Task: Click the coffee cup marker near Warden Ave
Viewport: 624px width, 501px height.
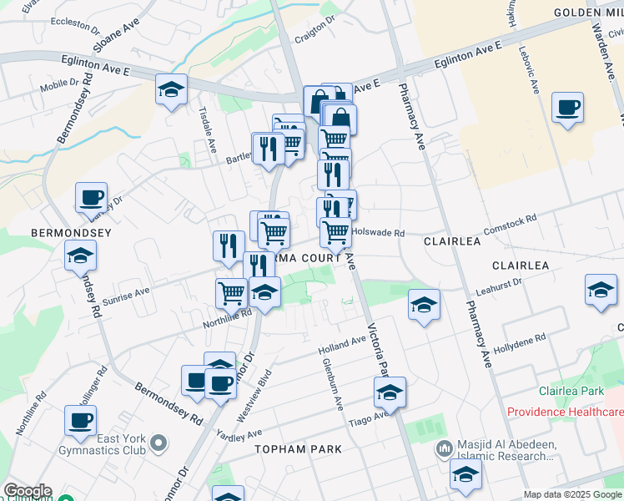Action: [567, 109]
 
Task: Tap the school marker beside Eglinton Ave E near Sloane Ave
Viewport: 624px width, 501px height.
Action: [171, 90]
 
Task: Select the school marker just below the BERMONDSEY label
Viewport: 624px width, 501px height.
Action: [80, 256]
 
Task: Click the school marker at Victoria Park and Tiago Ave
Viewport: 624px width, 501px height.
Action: [390, 392]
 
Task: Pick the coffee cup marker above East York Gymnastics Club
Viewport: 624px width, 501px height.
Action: [80, 421]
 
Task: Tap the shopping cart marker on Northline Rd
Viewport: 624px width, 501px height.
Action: [231, 293]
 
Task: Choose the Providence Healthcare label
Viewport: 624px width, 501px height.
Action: [565, 412]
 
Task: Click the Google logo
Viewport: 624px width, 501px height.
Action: [27, 491]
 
